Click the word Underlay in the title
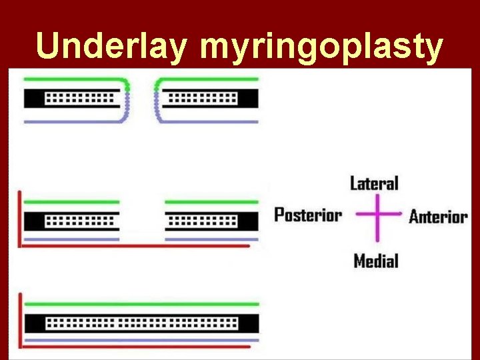coord(113,47)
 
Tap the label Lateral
coord(374,183)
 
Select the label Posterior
coord(308,215)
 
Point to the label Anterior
coord(438,216)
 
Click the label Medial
coord(375,261)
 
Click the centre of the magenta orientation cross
coord(377,215)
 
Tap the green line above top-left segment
coord(73,79)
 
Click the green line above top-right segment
coord(207,79)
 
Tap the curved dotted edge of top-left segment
coord(127,100)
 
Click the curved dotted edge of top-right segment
coord(157,100)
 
